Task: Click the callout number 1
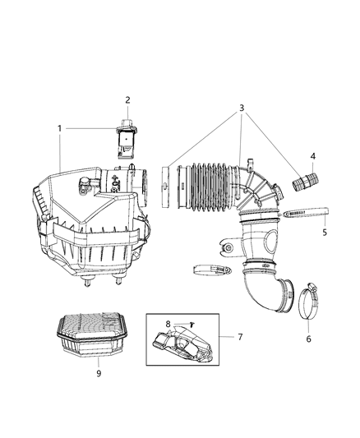coord(60,129)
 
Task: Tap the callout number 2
coord(128,99)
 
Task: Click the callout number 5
coord(324,233)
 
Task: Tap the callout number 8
coord(168,324)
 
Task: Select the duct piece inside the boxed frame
coord(190,343)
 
